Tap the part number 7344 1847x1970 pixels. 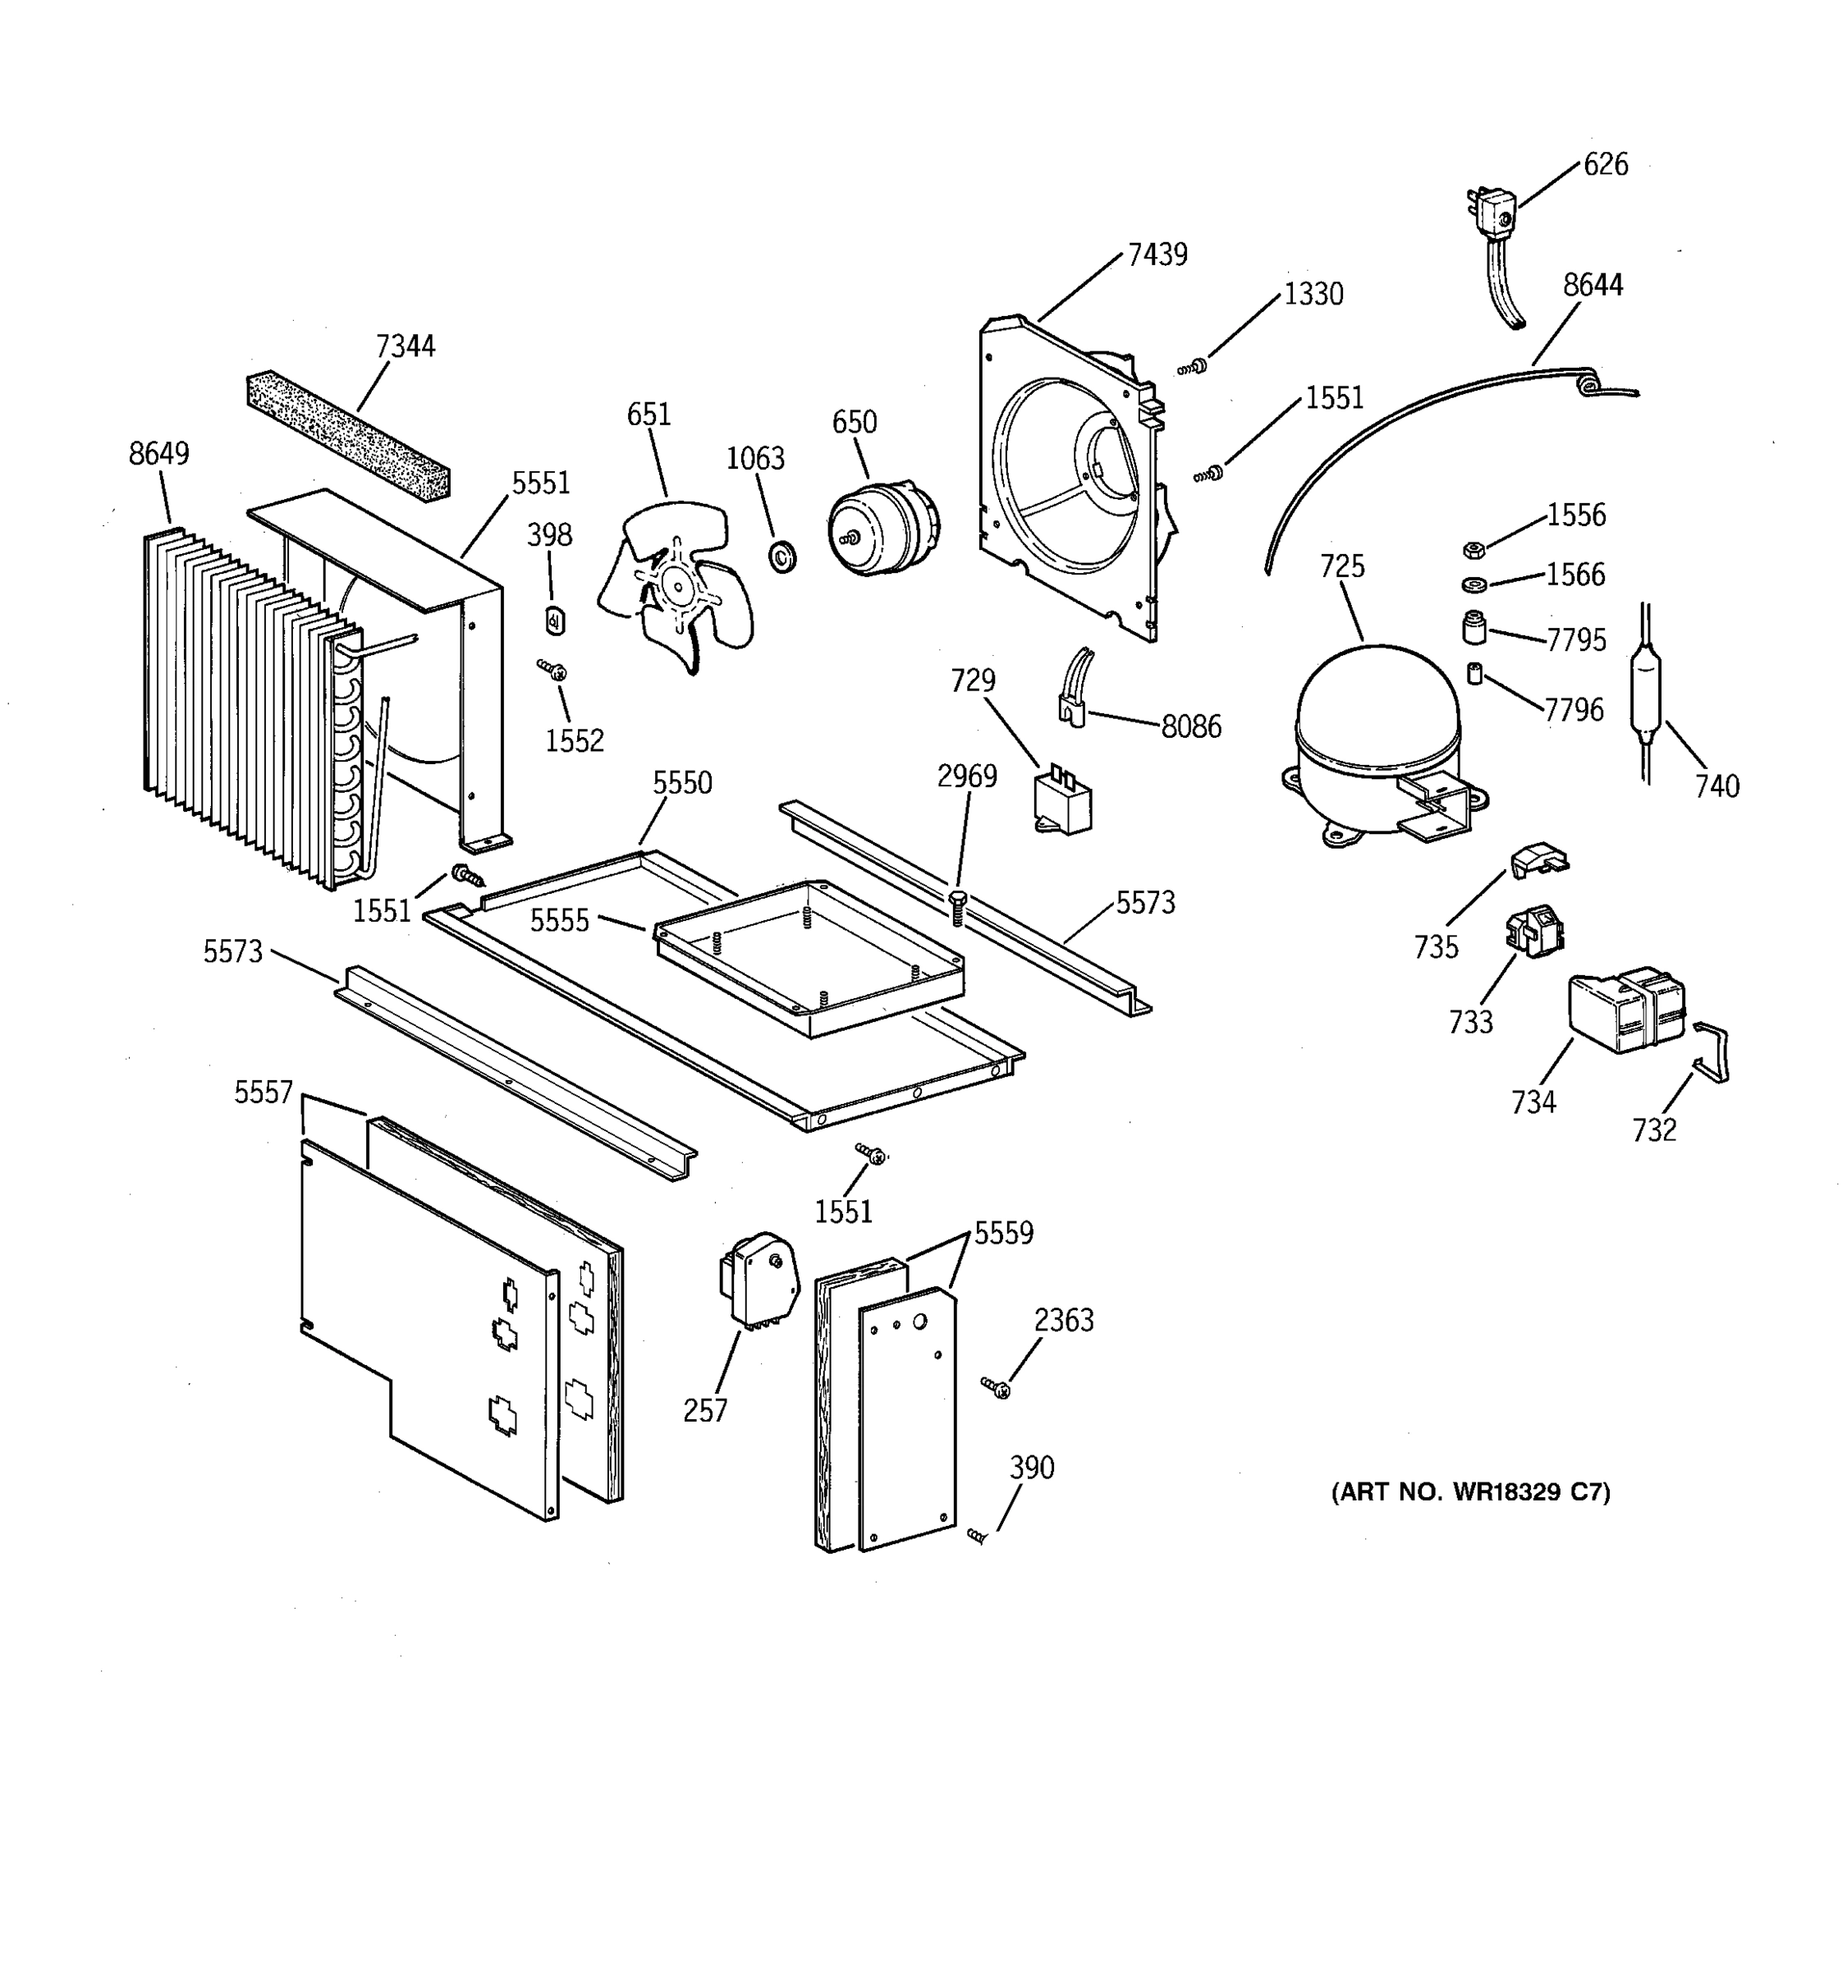click(x=406, y=346)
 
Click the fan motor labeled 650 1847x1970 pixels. click(x=881, y=528)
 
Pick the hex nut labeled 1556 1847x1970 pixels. click(x=1473, y=549)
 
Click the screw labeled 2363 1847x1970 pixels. click(x=996, y=1387)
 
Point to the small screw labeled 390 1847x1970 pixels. click(x=978, y=1535)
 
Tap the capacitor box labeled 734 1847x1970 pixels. click(x=1625, y=1010)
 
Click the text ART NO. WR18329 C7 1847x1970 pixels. click(x=1469, y=1491)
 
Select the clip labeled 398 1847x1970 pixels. click(x=556, y=620)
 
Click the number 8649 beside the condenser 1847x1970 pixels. click(x=158, y=454)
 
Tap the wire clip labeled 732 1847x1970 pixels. click(x=1712, y=1052)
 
